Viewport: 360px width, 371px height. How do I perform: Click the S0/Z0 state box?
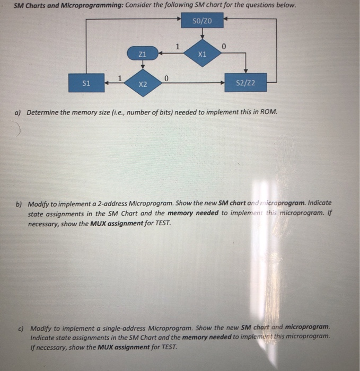(x=203, y=22)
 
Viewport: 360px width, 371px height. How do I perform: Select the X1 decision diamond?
(x=201, y=54)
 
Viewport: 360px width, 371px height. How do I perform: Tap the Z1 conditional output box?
(x=142, y=54)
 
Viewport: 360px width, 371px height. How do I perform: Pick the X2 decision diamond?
(x=142, y=84)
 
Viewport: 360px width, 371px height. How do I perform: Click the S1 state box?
(x=86, y=83)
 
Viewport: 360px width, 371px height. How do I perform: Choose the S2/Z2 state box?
(x=245, y=83)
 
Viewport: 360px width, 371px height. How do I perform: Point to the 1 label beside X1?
(x=178, y=46)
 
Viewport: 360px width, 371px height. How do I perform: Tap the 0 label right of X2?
(x=166, y=78)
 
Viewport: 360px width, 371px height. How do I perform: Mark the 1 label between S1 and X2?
(x=120, y=78)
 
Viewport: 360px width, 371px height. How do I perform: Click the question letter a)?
(x=18, y=113)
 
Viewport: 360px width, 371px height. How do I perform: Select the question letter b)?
(x=19, y=204)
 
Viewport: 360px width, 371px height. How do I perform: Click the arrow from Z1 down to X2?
(x=142, y=65)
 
